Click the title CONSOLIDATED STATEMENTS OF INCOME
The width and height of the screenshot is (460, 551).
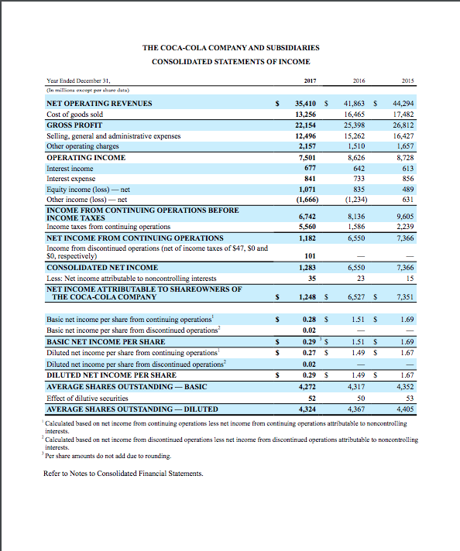click(x=231, y=61)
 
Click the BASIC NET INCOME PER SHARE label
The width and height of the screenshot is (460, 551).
click(x=106, y=341)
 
